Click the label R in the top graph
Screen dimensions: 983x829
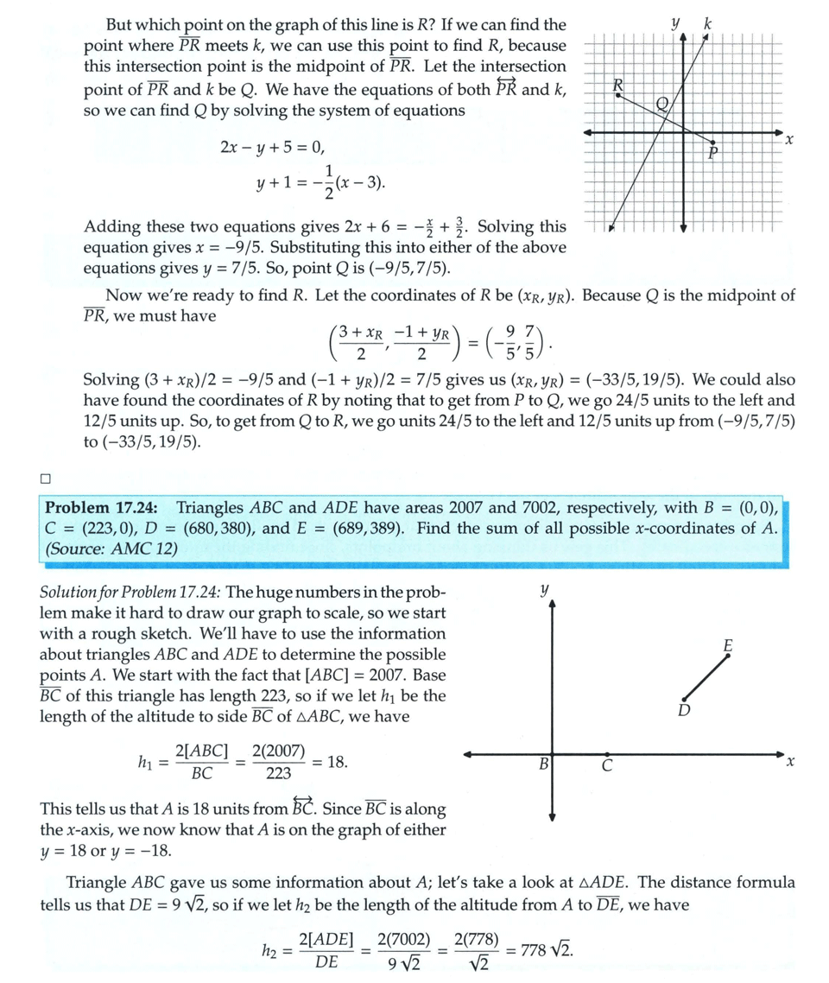(x=617, y=85)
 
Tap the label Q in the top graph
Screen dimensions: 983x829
(x=662, y=104)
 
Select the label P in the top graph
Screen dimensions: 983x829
(x=713, y=154)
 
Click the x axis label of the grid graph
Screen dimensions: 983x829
(x=789, y=139)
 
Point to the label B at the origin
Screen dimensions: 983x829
(x=544, y=764)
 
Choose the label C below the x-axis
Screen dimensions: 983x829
(x=607, y=765)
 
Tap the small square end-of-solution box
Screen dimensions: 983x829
(x=45, y=478)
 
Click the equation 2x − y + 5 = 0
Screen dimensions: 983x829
(x=274, y=147)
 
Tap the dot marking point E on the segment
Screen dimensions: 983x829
(x=728, y=656)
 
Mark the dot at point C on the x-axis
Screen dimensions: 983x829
(x=609, y=754)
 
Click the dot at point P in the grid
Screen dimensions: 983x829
(x=713, y=142)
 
